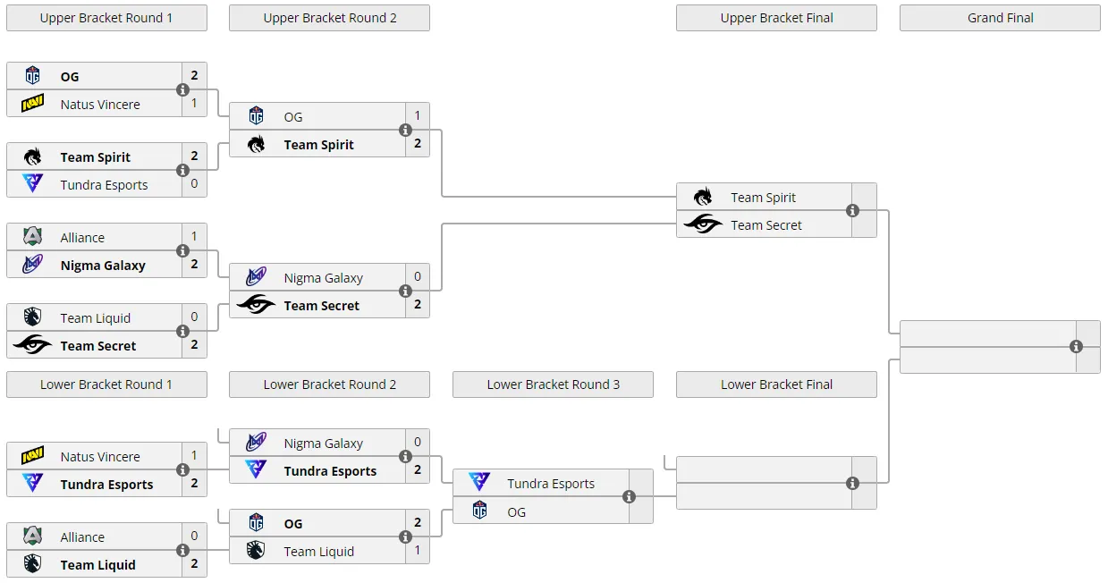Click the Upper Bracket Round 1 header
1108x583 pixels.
[x=106, y=18]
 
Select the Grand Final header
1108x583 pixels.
[x=1000, y=18]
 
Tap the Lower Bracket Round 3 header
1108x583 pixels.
[x=553, y=384]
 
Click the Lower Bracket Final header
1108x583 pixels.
[x=776, y=384]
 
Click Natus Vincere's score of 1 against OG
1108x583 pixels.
[x=194, y=104]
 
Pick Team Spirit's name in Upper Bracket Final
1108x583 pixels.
[x=763, y=198]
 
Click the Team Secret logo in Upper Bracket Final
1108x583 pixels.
[x=703, y=224]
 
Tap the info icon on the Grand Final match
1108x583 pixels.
[x=1076, y=347]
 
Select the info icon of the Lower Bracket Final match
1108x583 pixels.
[x=852, y=483]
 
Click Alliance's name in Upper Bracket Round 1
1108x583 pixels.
[x=82, y=238]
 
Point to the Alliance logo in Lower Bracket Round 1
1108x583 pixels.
[x=33, y=536]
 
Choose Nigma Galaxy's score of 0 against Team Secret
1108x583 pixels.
[x=418, y=276]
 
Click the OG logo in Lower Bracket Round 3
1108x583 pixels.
[x=479, y=511]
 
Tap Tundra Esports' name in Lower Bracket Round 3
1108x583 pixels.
[x=551, y=484]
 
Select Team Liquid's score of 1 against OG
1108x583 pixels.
[x=418, y=550]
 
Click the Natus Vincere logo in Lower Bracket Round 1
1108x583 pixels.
[x=33, y=455]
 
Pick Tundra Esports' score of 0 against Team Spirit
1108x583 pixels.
[x=194, y=184]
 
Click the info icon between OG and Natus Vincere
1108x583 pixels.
[x=182, y=90]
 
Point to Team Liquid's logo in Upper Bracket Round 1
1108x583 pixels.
[x=33, y=317]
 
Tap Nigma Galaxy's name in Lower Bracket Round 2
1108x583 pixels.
[x=324, y=444]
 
